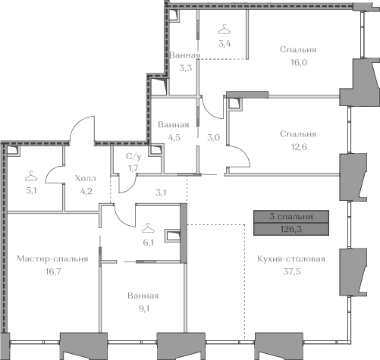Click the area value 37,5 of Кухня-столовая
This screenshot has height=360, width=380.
[292, 271]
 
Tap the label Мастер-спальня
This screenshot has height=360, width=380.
[52, 258]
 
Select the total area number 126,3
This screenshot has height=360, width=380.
[291, 229]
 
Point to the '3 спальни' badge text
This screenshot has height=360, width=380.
[291, 217]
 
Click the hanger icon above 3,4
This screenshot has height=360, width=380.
[225, 29]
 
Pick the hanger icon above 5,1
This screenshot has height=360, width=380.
[31, 176]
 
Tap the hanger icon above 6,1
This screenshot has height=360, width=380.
[148, 228]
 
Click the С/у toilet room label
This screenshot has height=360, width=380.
[133, 157]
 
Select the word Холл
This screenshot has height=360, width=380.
[86, 178]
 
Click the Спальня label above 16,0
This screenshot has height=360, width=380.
[298, 49]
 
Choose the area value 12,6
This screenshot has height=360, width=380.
[299, 146]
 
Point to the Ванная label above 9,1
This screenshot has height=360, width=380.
[143, 296]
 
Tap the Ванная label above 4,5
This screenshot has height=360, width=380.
[174, 124]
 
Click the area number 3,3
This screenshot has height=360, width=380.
[186, 68]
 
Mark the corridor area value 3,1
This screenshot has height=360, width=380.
[161, 193]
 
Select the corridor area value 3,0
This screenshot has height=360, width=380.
[213, 138]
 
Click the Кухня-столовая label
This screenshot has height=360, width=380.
[291, 258]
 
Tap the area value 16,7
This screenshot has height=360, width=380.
[53, 271]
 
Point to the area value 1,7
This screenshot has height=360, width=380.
[133, 168]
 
